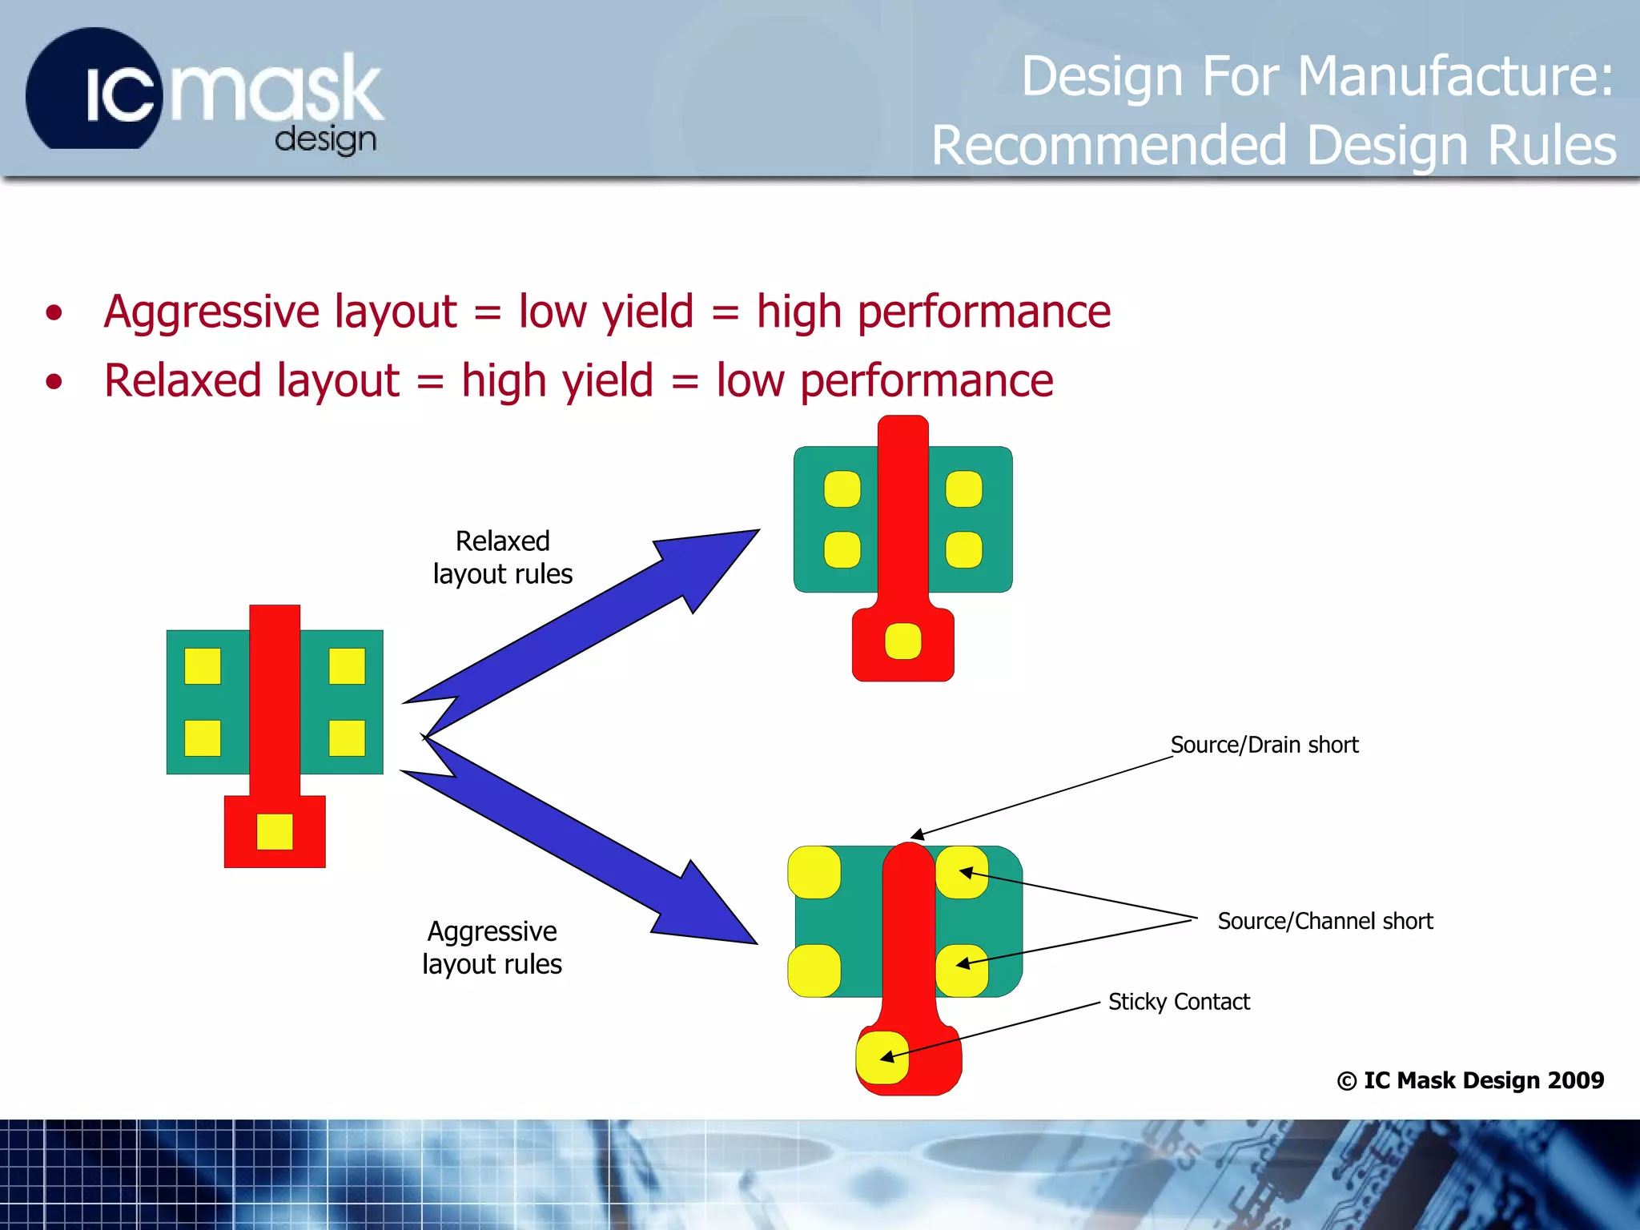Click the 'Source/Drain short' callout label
[x=1264, y=745]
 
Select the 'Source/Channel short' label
[x=1324, y=921]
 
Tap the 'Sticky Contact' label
[x=1178, y=1002]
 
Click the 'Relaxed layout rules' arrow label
[x=502, y=557]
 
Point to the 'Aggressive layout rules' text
[x=492, y=947]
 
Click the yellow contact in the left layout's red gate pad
[x=275, y=831]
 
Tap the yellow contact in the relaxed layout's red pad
[x=902, y=641]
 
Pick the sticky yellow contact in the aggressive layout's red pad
[x=882, y=1057]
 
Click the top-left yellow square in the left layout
[x=203, y=666]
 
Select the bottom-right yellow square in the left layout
[x=347, y=738]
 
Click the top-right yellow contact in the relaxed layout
[x=963, y=489]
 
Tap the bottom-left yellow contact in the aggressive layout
[x=814, y=971]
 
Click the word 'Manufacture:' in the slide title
[x=1454, y=76]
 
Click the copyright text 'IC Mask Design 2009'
[x=1482, y=1080]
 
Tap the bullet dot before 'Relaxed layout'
[x=54, y=382]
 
